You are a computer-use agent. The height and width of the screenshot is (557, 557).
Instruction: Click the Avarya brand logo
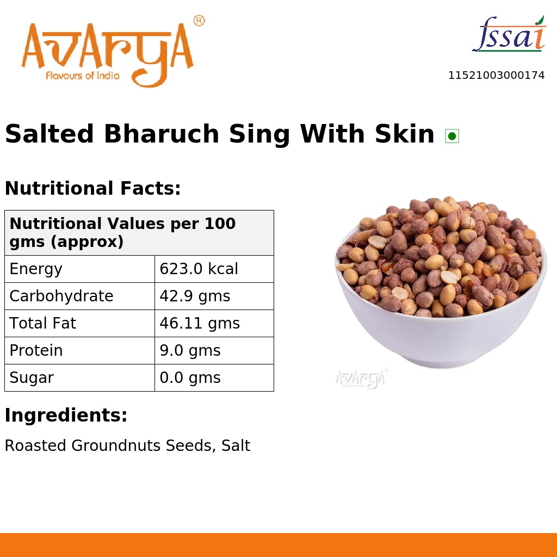point(107,53)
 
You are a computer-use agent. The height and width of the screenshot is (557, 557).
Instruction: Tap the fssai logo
point(509,34)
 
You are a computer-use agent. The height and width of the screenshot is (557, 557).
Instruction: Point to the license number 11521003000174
point(496,76)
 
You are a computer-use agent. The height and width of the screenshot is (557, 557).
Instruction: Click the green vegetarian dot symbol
point(451,136)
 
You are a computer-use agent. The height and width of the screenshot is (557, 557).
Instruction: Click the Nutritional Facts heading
point(92,189)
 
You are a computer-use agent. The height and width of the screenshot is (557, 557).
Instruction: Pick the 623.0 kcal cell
point(199,269)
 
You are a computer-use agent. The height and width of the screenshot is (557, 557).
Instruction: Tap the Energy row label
point(36,269)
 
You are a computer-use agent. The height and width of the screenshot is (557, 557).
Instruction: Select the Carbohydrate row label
point(61,296)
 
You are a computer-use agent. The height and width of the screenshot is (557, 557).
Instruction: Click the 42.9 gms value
point(195,296)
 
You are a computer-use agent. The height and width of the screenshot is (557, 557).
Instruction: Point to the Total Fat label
point(43,324)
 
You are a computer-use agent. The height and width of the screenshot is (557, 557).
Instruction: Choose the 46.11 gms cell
point(200,324)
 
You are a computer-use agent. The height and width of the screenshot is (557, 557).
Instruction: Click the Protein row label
point(36,351)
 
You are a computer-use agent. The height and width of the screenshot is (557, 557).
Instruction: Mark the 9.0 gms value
point(190,351)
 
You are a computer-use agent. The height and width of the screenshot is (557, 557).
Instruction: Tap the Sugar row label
point(32,378)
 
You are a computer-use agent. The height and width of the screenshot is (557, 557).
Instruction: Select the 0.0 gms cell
point(190,378)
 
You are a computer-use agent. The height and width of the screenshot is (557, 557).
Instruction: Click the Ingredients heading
point(66,416)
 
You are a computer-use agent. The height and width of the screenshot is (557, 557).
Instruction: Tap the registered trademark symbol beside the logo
point(199,21)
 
